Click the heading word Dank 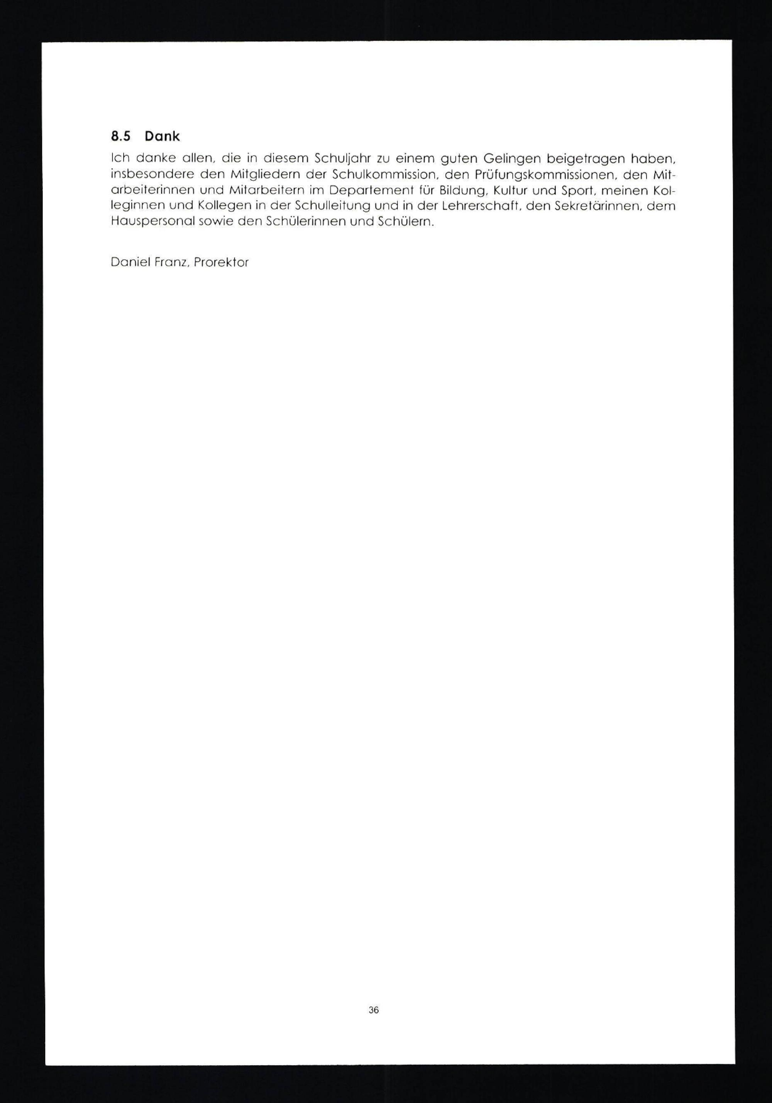tap(162, 137)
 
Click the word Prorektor tap(221, 262)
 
